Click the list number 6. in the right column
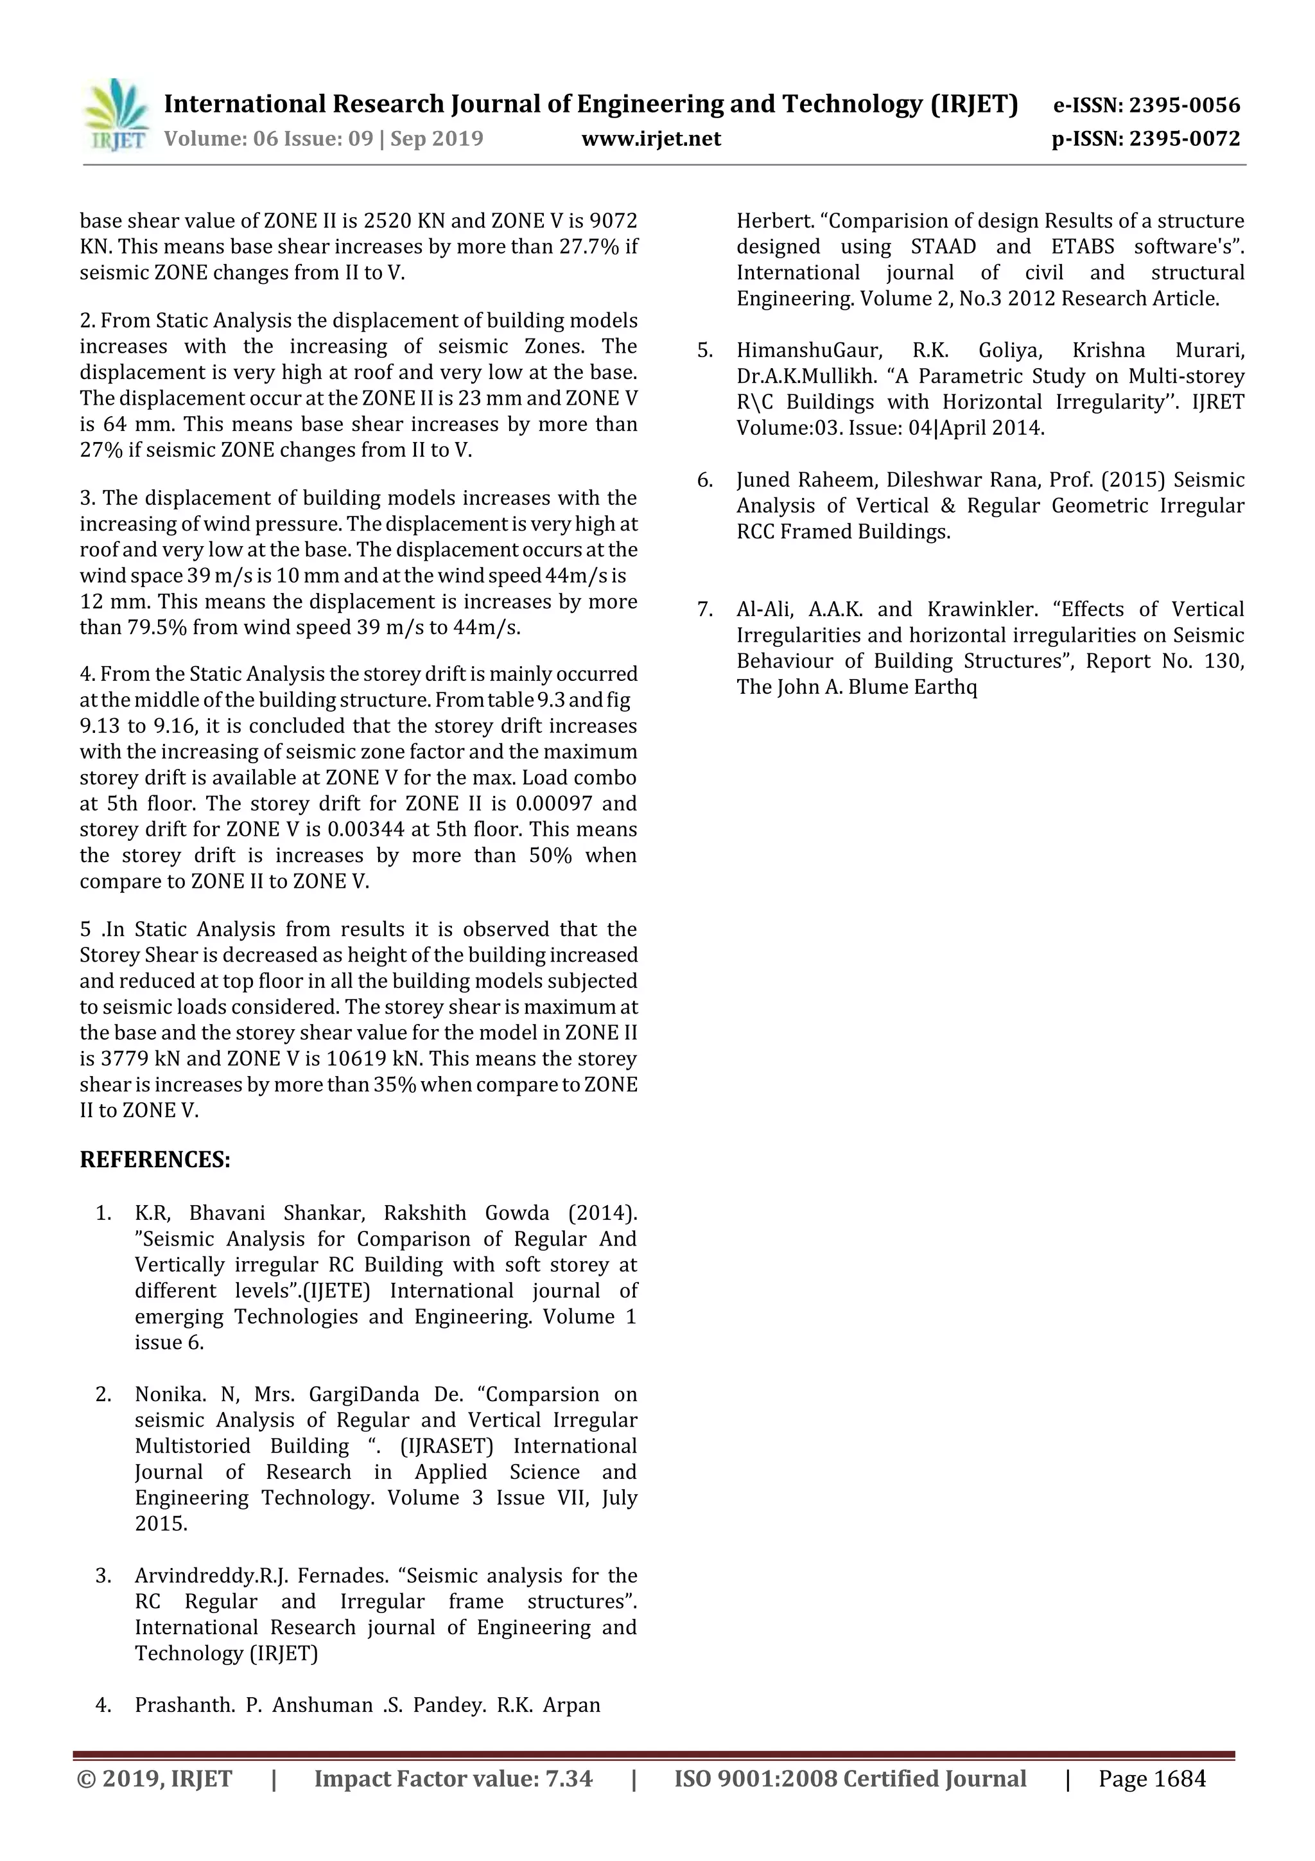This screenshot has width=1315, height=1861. pos(705,480)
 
